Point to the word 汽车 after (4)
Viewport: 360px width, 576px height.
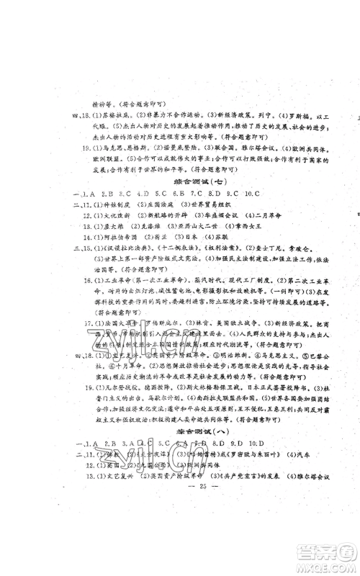click(x=274, y=453)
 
